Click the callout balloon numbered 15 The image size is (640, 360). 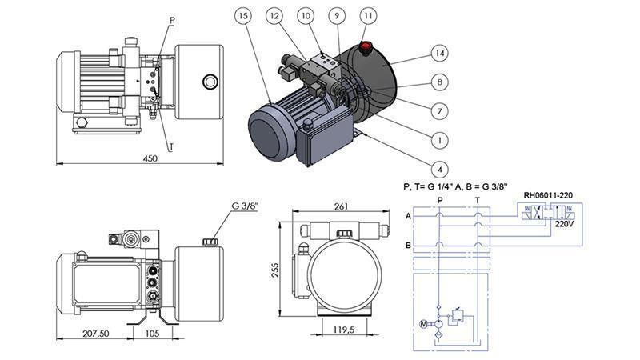pos(244,16)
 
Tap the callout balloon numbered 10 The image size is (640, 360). pos(306,16)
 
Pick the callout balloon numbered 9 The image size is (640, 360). pos(338,16)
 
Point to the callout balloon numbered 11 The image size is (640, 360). pos(368,16)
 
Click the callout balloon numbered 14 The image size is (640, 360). pos(438,53)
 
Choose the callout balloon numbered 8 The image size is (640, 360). pos(438,82)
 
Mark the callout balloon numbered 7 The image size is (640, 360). pos(438,110)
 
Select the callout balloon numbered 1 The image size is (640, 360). pos(438,139)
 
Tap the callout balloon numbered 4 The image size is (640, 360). pos(438,169)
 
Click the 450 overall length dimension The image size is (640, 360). pos(150,159)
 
